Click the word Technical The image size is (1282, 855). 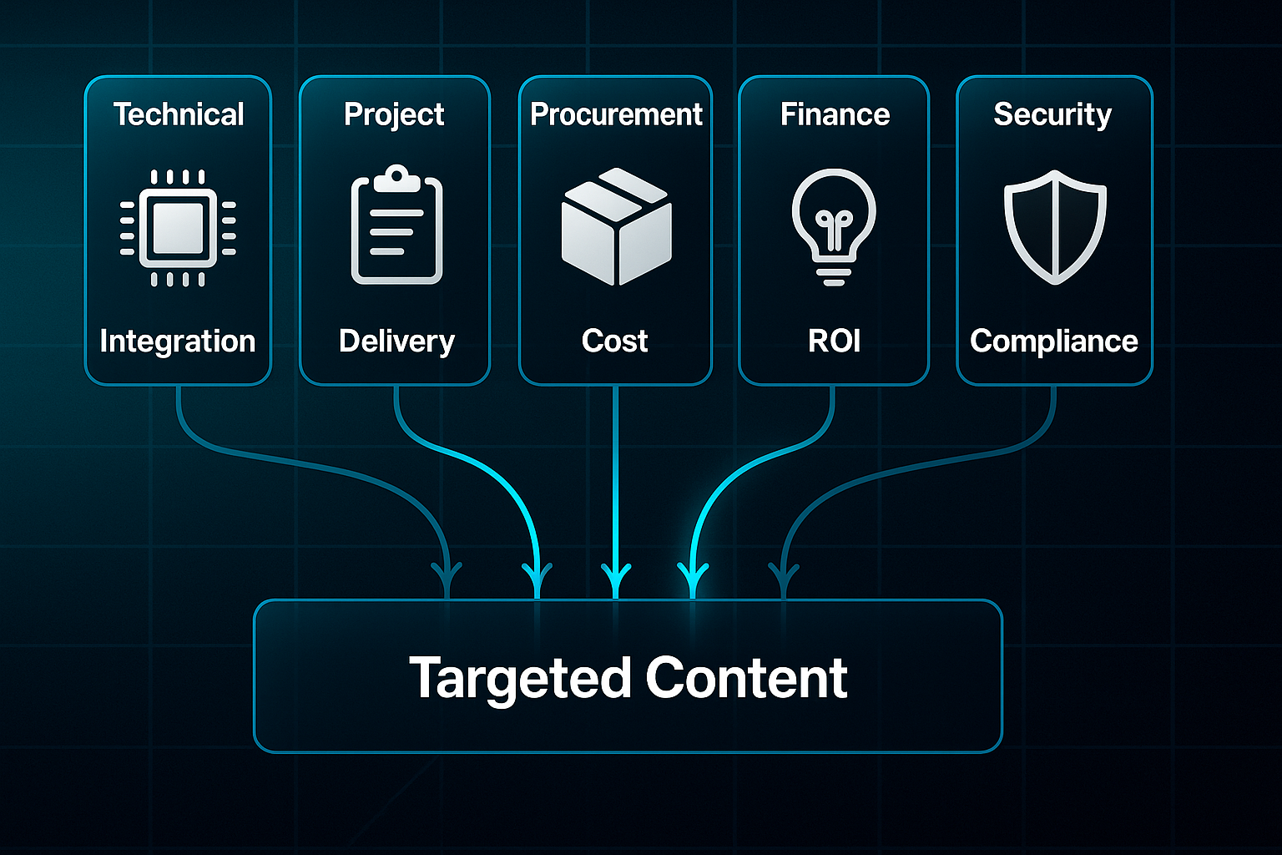tap(179, 114)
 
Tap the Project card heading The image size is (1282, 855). tap(394, 114)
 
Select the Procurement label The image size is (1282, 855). tap(616, 114)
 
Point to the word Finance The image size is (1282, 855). tap(835, 114)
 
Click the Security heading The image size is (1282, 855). tap(1052, 114)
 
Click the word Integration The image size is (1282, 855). tap(178, 341)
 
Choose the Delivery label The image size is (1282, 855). tap(396, 341)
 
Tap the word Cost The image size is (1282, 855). tap(615, 341)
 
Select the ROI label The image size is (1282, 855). tap(834, 341)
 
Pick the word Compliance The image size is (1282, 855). tap(1053, 341)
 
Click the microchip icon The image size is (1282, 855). tap(178, 228)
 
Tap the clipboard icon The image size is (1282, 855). tap(396, 225)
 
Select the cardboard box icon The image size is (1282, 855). tap(616, 227)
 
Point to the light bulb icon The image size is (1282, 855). tap(834, 225)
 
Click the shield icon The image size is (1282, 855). tap(1055, 227)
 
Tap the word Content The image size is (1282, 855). tap(747, 677)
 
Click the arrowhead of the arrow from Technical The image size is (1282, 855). tap(447, 578)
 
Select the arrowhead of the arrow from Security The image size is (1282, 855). tap(784, 578)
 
